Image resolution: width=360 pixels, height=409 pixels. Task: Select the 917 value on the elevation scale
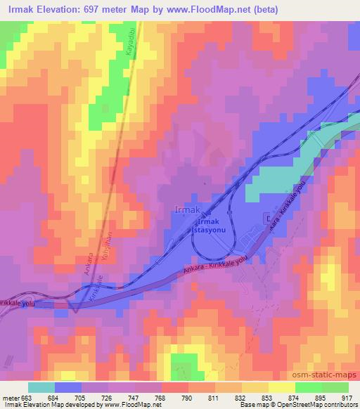pos(347,396)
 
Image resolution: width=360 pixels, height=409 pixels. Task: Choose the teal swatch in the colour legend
pos(41,387)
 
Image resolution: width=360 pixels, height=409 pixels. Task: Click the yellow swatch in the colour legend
pos(281,387)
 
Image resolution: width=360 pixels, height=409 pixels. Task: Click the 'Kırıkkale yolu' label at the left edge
pos(18,302)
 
